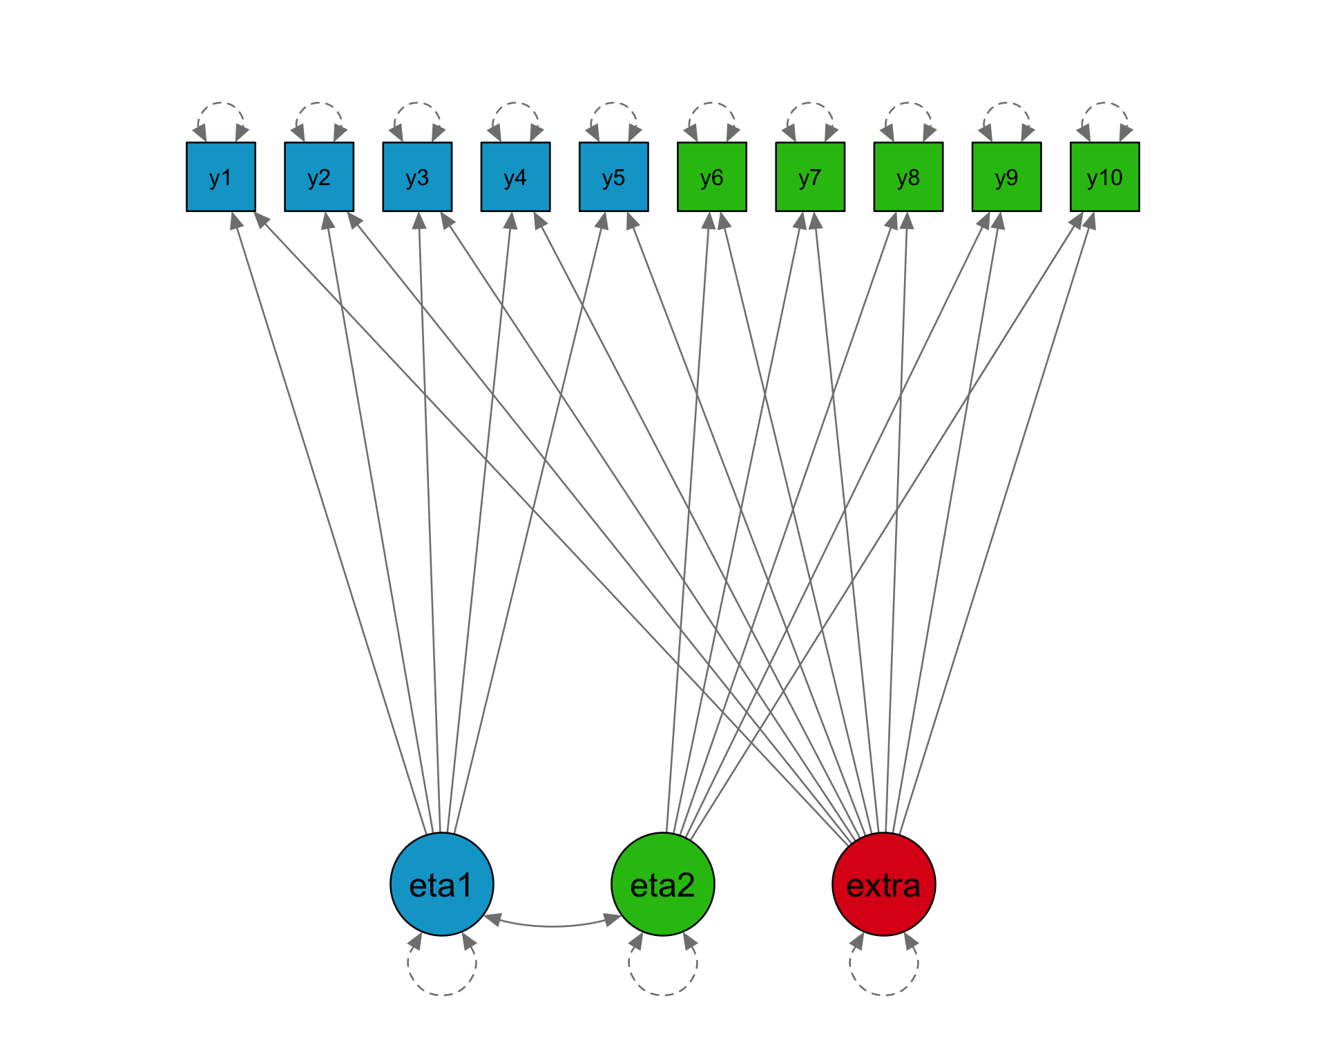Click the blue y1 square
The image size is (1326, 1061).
221,177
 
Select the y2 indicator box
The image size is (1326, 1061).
319,177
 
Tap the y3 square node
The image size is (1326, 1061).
417,177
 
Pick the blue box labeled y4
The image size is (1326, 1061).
515,177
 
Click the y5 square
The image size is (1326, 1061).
613,177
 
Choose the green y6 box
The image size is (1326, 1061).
711,177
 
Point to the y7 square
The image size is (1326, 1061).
809,177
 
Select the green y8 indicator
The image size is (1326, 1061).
908,177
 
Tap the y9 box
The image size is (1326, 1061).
1006,177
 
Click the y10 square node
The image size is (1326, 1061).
1104,177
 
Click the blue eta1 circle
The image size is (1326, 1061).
442,884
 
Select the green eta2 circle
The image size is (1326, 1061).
663,884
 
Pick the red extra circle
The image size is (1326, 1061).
884,884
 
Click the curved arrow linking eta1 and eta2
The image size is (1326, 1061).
552,926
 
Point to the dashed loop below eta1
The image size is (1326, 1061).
442,993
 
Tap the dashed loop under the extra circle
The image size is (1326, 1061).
884,993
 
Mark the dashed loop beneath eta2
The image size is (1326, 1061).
663,993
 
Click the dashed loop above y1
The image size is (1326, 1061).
221,104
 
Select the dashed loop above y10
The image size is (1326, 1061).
1104,104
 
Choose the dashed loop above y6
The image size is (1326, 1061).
711,104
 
